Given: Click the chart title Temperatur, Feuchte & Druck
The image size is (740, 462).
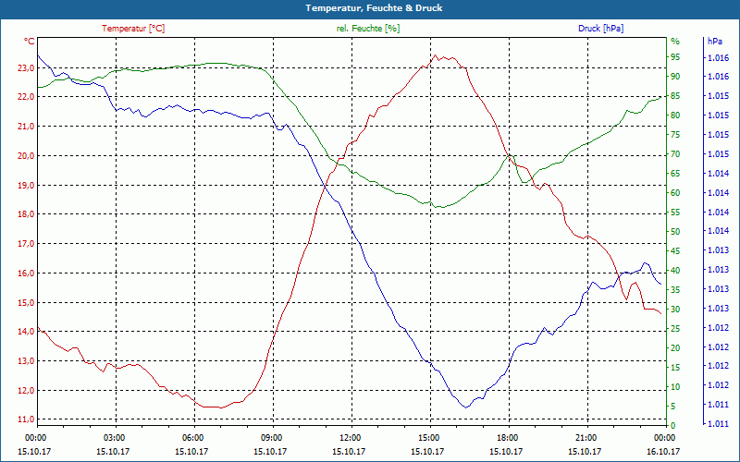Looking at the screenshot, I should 369,7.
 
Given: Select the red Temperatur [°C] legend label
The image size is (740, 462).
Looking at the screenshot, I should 133,29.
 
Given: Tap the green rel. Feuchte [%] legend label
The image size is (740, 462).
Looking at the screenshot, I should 368,29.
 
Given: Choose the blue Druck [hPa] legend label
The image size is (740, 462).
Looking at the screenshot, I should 600,29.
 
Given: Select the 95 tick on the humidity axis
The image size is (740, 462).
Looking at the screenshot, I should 675,57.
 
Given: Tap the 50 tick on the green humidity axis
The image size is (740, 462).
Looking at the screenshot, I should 675,232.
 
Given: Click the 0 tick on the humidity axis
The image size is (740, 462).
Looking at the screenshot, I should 673,426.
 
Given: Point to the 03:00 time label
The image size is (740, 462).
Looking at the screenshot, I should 114,437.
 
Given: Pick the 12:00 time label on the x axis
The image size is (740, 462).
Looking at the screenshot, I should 350,437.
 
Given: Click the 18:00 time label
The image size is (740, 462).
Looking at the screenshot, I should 507,437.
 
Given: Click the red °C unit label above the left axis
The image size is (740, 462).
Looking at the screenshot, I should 30,42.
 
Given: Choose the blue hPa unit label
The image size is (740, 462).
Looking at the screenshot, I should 715,42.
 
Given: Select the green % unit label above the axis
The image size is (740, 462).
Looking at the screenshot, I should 675,42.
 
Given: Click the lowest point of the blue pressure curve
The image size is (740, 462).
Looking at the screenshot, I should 466,407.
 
